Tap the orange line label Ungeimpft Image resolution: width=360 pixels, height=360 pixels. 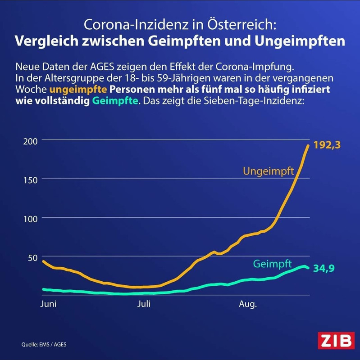tap(269, 171)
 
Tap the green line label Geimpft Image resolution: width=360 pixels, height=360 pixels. tap(272, 264)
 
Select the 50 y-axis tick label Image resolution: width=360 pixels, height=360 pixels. tap(30, 257)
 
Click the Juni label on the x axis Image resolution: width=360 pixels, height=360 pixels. tap(48, 304)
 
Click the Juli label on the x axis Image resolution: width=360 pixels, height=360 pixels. tap(144, 304)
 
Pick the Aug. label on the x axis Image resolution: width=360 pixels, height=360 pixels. tap(247, 304)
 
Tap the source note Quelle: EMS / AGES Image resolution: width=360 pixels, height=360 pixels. tap(46, 345)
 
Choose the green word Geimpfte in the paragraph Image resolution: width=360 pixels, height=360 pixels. tap(115, 101)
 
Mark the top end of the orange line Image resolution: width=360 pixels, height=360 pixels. tap(308, 145)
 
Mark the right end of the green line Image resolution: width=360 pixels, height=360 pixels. tap(309, 268)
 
